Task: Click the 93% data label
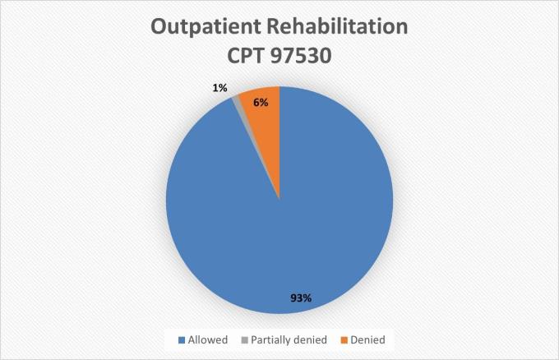click(x=301, y=298)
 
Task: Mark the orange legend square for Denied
click(x=334, y=339)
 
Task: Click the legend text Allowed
click(x=209, y=339)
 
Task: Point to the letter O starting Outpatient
click(x=160, y=26)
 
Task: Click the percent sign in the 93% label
click(x=307, y=298)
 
